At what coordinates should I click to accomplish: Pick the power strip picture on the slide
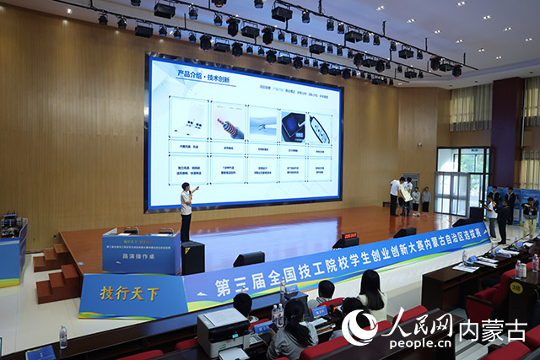320,128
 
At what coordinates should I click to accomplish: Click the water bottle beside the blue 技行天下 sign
62,337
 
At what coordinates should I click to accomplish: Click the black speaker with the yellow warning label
192,257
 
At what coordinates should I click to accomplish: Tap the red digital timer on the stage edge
349,236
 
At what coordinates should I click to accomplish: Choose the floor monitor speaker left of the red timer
249,259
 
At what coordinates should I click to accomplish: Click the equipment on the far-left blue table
10,224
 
